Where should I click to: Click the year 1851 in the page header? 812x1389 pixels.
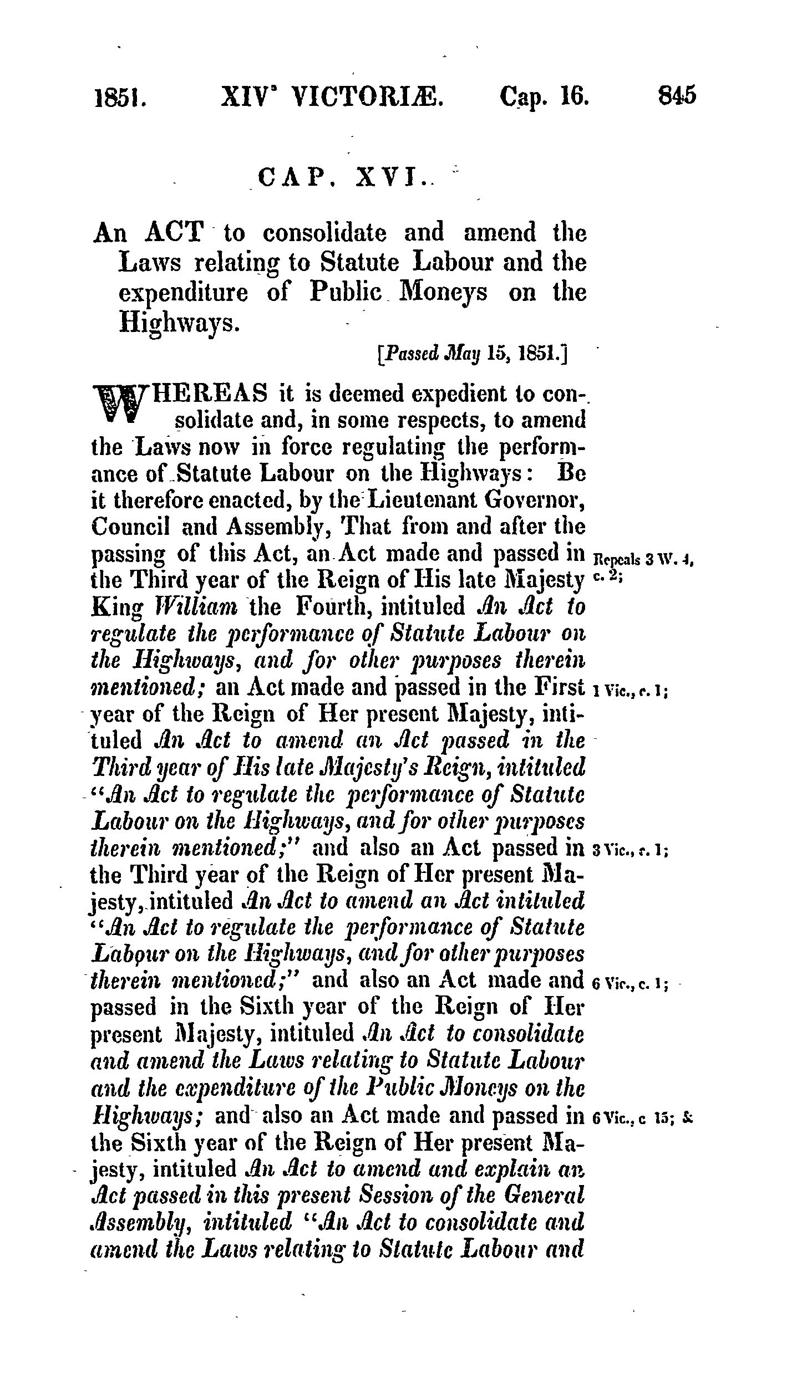tap(120, 96)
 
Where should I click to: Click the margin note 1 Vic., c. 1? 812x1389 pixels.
tap(629, 691)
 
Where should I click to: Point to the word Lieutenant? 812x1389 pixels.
tap(417, 499)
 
